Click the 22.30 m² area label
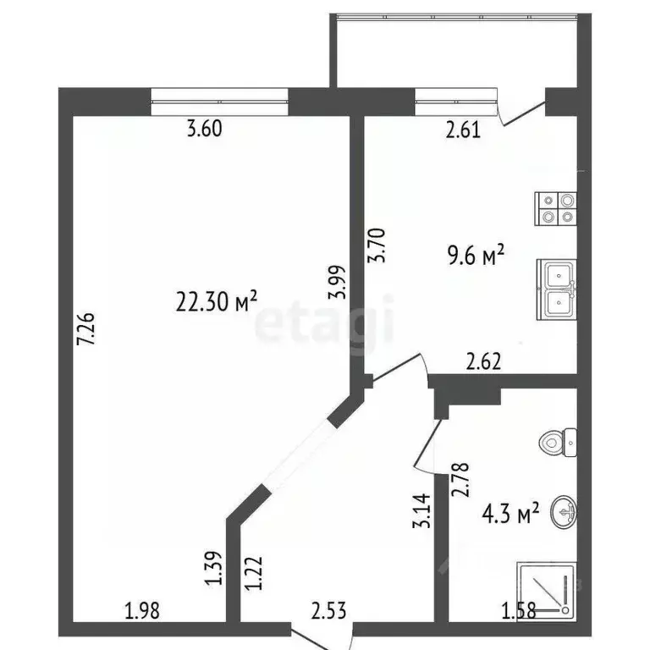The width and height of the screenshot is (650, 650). coord(215,300)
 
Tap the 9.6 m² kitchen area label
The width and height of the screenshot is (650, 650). coord(475,253)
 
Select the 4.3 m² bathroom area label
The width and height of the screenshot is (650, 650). coord(510,514)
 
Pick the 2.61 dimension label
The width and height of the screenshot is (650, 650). coord(463,129)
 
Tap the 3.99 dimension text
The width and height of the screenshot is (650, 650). coord(338,283)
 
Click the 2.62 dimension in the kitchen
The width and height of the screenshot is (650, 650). coord(485,362)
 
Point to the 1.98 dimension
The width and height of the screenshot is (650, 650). coord(142,609)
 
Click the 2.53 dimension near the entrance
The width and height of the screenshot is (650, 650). coord(328,609)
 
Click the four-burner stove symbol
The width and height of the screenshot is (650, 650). coord(556,207)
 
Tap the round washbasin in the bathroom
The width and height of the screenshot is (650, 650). coord(562,512)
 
